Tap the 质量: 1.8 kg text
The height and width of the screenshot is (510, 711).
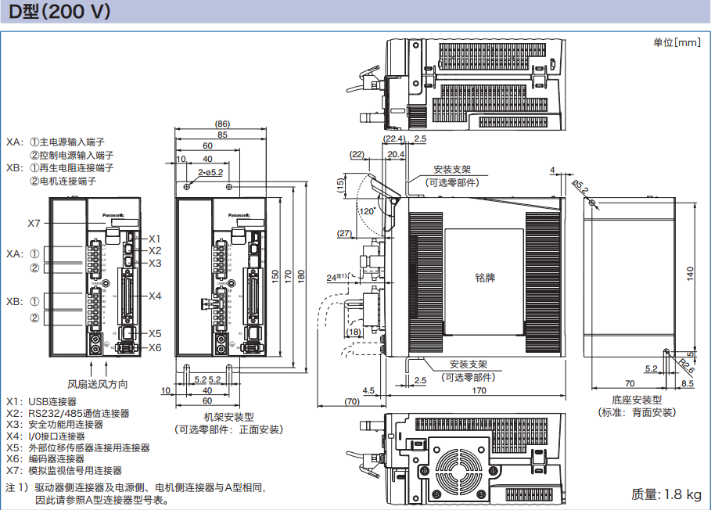(x=666, y=494)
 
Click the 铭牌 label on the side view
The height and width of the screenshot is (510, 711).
(x=485, y=277)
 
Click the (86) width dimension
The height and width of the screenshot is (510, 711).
(x=223, y=124)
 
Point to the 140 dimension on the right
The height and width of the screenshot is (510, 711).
(x=690, y=272)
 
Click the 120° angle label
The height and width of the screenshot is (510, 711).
(x=366, y=212)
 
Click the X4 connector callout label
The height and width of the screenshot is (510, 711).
(x=155, y=296)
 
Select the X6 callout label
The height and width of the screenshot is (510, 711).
(x=155, y=347)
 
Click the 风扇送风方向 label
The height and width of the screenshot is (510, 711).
(x=97, y=384)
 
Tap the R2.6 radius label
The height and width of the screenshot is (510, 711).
(x=686, y=365)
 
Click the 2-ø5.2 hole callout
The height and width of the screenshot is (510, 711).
(x=210, y=171)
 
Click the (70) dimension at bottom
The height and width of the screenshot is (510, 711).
(x=350, y=401)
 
